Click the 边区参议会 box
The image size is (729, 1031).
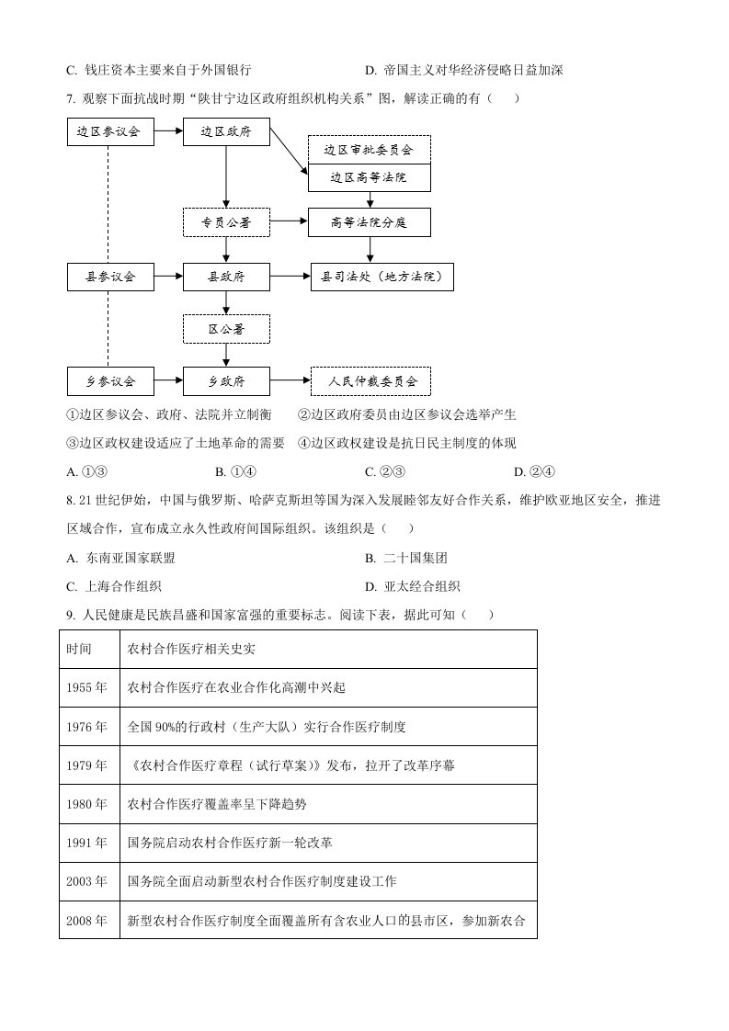pyautogui.click(x=109, y=131)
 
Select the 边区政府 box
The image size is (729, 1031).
pyautogui.click(x=226, y=131)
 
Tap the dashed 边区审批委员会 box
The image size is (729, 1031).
pyautogui.click(x=369, y=149)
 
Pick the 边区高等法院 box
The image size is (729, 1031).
pyautogui.click(x=369, y=176)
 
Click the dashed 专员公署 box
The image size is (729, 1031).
pyautogui.click(x=226, y=221)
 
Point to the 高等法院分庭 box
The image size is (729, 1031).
pyautogui.click(x=369, y=221)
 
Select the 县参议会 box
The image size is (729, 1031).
pyautogui.click(x=109, y=276)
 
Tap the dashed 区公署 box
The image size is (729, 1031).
pyautogui.click(x=226, y=328)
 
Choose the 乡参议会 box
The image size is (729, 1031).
pyautogui.click(x=109, y=380)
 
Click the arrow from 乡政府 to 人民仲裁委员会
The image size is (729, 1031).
pyautogui.click(x=290, y=380)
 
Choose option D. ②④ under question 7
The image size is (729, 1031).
pyautogui.click(x=534, y=472)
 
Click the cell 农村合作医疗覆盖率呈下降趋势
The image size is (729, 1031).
pyautogui.click(x=217, y=804)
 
